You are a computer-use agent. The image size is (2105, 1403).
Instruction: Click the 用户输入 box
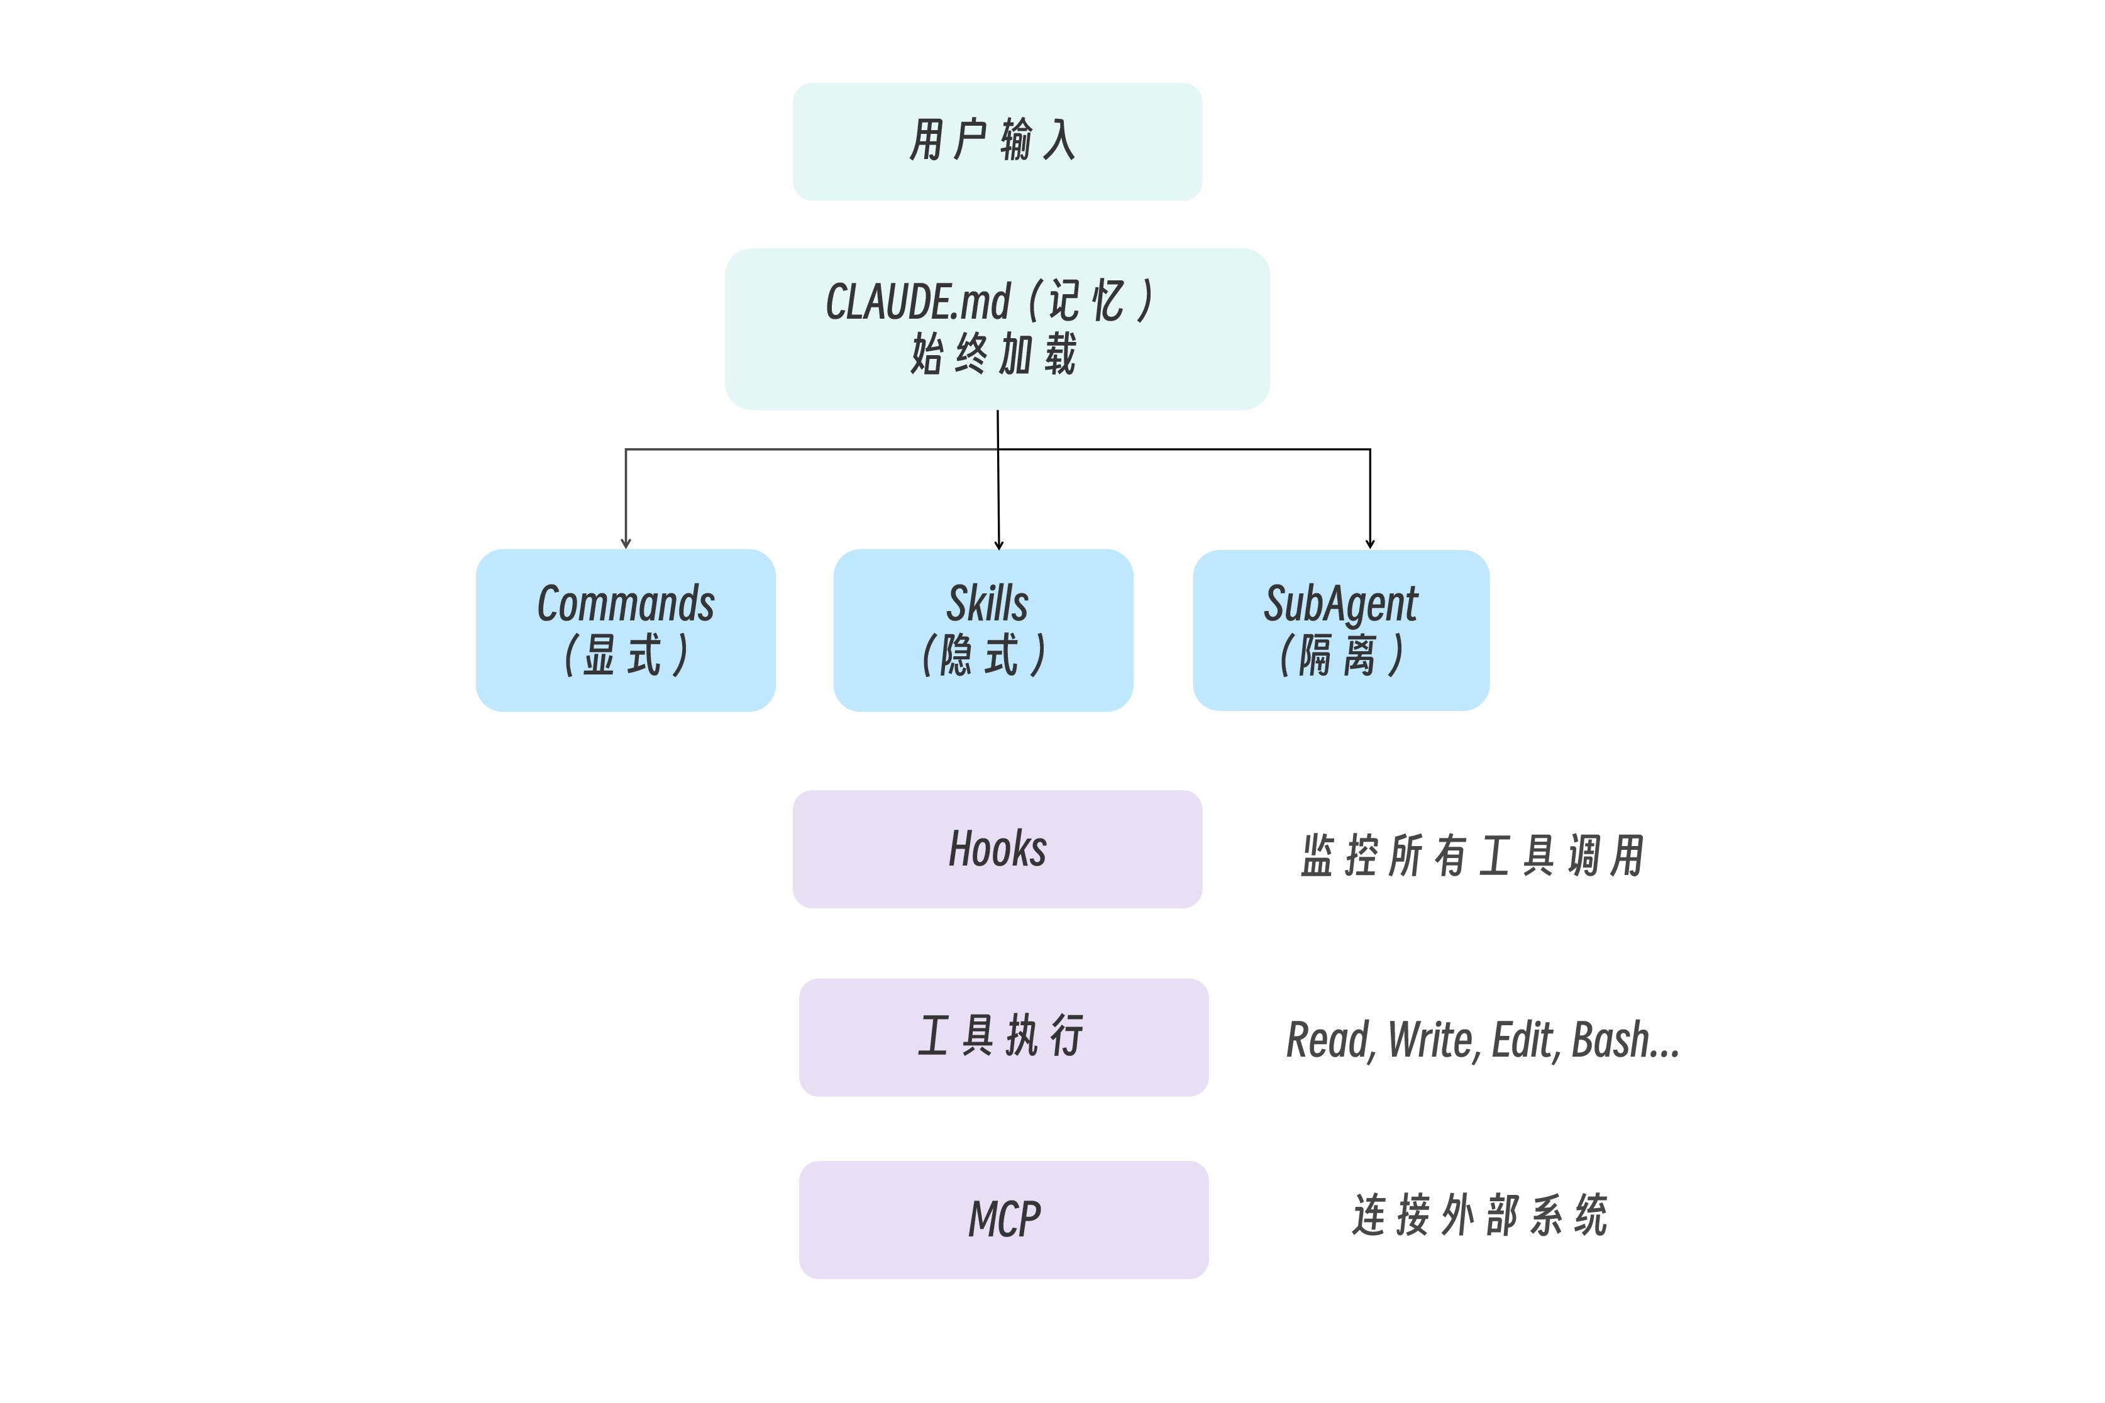pos(997,141)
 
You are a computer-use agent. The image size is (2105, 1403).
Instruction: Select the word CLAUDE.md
pos(917,302)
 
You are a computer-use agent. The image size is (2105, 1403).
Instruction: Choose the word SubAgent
pos(1340,605)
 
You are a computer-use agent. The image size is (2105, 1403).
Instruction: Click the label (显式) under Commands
pos(626,655)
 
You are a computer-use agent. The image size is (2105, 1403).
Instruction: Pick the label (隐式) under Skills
pos(985,655)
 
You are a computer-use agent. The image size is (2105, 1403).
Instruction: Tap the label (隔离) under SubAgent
pos(1342,655)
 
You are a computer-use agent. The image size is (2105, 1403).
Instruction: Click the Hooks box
pos(997,849)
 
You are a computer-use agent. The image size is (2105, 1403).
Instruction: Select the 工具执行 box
pos(1003,1037)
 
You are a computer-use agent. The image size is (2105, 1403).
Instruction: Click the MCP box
pos(1003,1219)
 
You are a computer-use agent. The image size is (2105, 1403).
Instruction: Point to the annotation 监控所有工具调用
pos(1472,856)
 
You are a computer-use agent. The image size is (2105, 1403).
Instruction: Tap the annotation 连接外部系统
pos(1480,1215)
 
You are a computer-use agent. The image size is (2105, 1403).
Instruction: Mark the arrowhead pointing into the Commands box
pos(626,543)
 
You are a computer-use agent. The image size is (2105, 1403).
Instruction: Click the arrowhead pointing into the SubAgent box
pos(1369,543)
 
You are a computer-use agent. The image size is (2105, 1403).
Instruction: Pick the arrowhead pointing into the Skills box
pos(999,544)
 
